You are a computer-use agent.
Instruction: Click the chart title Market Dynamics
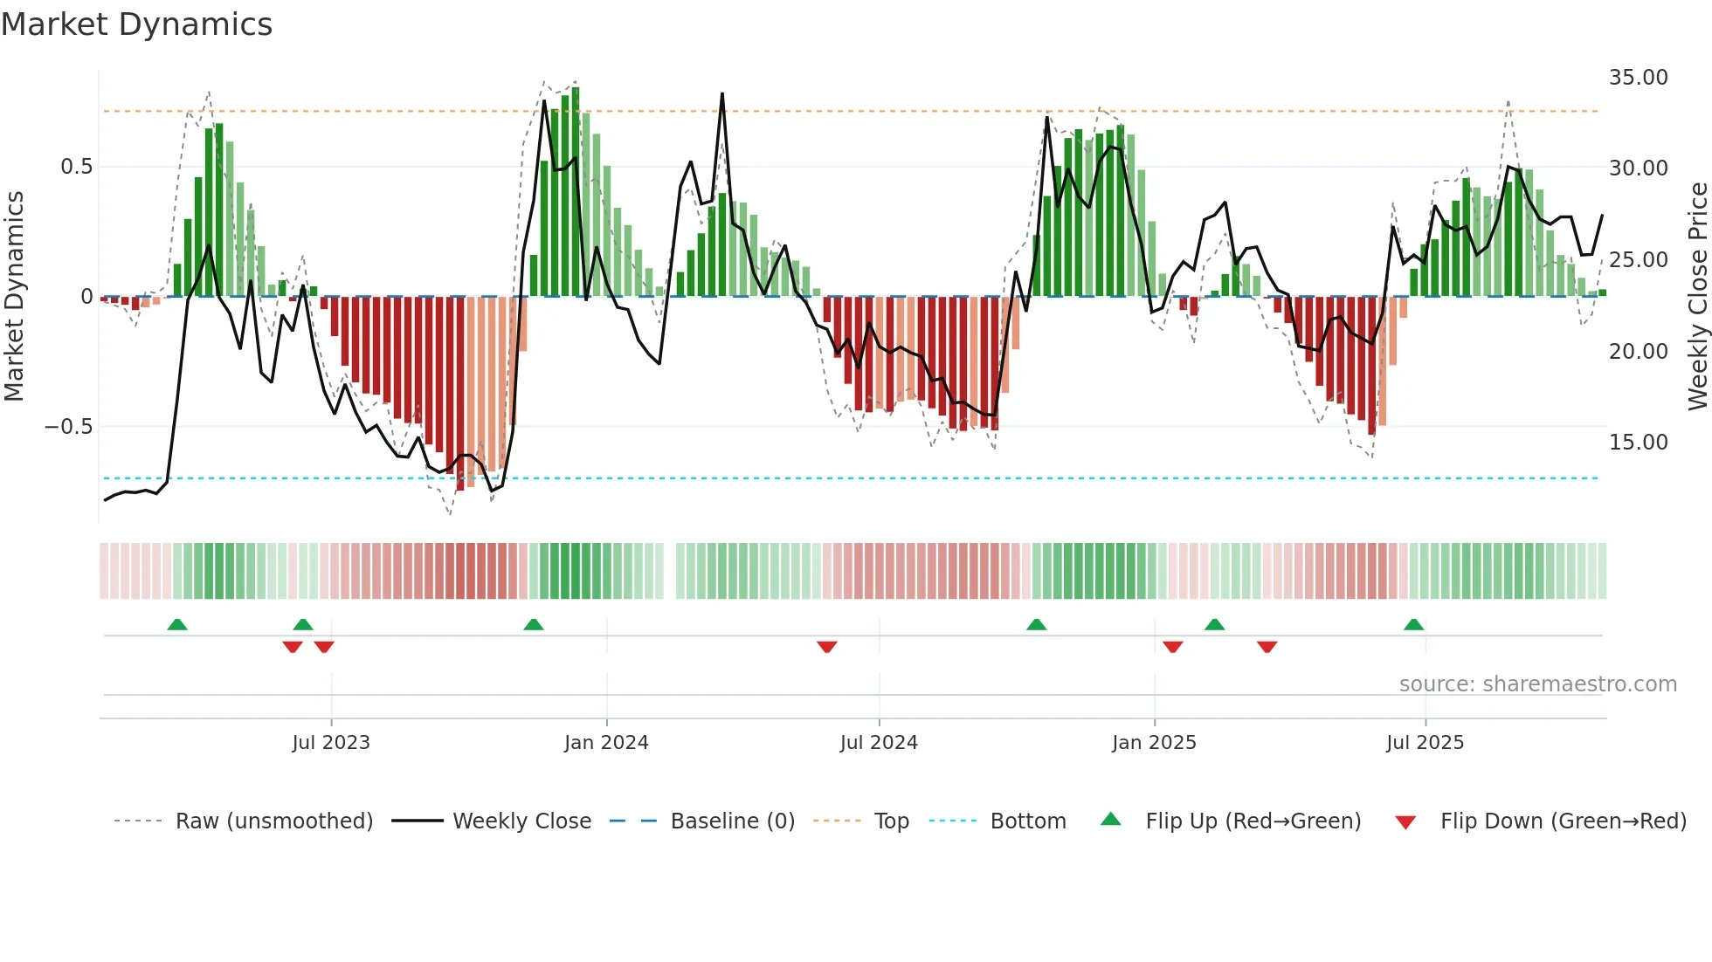137,24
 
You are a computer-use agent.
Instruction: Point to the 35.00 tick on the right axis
1638,78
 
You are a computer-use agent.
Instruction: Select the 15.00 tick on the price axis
1638,443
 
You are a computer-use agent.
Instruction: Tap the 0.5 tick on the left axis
76,167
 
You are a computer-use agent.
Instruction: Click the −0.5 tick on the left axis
68,427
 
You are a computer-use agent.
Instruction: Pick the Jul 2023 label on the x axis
331,743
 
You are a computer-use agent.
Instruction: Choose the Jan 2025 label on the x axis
1154,743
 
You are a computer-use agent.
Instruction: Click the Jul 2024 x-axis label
879,743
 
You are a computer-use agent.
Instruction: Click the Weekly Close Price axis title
1697,297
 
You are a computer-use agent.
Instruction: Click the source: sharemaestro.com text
1537,684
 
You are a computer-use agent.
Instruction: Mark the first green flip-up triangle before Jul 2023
177,624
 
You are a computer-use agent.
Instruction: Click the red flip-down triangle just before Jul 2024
827,647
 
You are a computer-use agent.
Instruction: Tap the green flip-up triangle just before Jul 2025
1413,624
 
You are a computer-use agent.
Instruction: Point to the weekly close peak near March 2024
722,93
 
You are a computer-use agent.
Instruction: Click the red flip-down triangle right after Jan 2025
1173,647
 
